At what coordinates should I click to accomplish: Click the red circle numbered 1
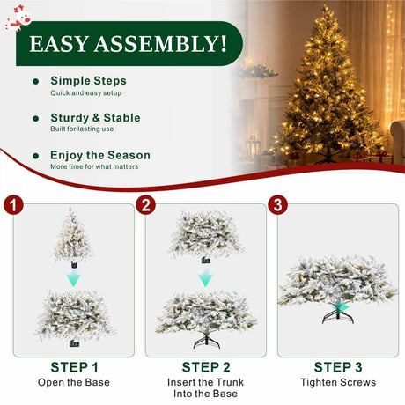point(13,204)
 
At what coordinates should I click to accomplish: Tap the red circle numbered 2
point(146,204)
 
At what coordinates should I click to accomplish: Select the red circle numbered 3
point(278,204)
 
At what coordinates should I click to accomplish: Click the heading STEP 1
point(74,367)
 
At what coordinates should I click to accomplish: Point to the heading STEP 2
point(206,367)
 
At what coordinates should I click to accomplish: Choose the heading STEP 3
point(338,367)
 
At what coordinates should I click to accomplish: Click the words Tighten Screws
point(338,382)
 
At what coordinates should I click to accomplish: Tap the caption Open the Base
point(74,382)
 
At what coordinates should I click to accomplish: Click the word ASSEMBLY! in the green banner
point(160,44)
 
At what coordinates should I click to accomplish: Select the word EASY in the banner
point(58,44)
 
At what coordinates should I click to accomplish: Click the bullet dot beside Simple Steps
point(36,82)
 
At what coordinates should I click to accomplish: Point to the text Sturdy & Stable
point(95,118)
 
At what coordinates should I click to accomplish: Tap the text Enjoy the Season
point(100,155)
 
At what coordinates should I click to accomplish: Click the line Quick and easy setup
point(86,93)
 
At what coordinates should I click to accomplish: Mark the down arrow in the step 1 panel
point(73,278)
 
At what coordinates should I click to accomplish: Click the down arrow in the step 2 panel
point(205,278)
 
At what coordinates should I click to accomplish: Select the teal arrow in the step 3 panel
point(342,307)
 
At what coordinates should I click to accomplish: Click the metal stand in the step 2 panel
point(207,341)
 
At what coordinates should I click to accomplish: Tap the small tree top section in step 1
point(72,235)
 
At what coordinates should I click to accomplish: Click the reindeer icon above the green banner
point(19,18)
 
